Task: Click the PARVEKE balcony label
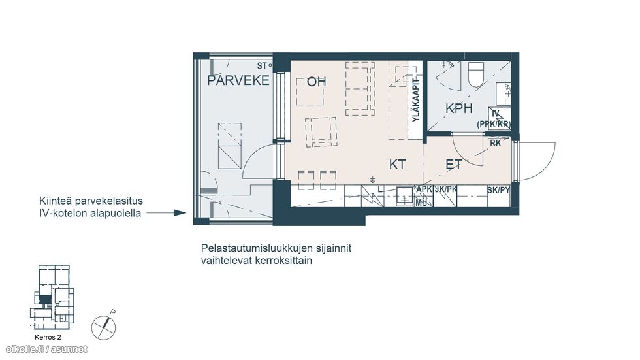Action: [x=238, y=81]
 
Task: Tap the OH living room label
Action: [x=317, y=82]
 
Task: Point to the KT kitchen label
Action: [x=398, y=165]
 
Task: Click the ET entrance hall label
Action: [x=454, y=165]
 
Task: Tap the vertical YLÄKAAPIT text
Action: [x=415, y=100]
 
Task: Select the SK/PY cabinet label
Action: [x=498, y=190]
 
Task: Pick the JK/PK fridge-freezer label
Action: [x=445, y=190]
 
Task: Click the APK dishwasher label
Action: [x=424, y=190]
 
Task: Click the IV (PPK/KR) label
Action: [x=494, y=119]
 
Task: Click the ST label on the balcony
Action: [x=262, y=66]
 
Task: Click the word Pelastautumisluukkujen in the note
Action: [x=256, y=249]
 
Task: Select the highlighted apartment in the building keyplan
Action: [x=44, y=299]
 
